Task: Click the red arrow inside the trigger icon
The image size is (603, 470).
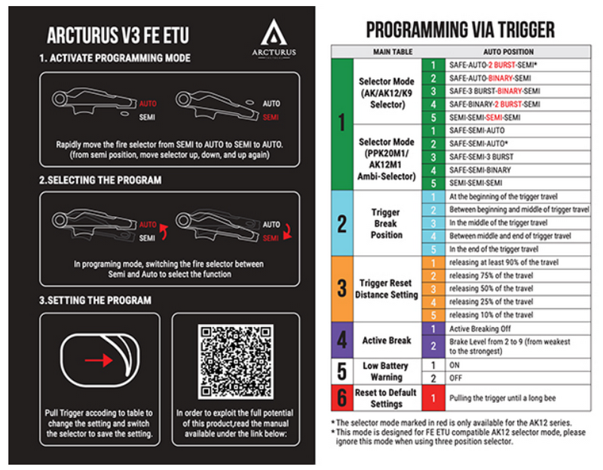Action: tap(99, 361)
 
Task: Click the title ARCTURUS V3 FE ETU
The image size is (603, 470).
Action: tap(119, 35)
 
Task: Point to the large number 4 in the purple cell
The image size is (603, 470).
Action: tap(341, 340)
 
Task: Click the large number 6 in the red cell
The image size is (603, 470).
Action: tap(341, 397)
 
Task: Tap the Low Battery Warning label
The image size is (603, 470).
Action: tap(386, 371)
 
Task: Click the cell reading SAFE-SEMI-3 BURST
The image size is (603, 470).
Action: tap(482, 157)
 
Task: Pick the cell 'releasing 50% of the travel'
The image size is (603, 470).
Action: tap(491, 288)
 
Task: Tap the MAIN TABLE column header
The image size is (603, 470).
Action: tap(393, 51)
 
